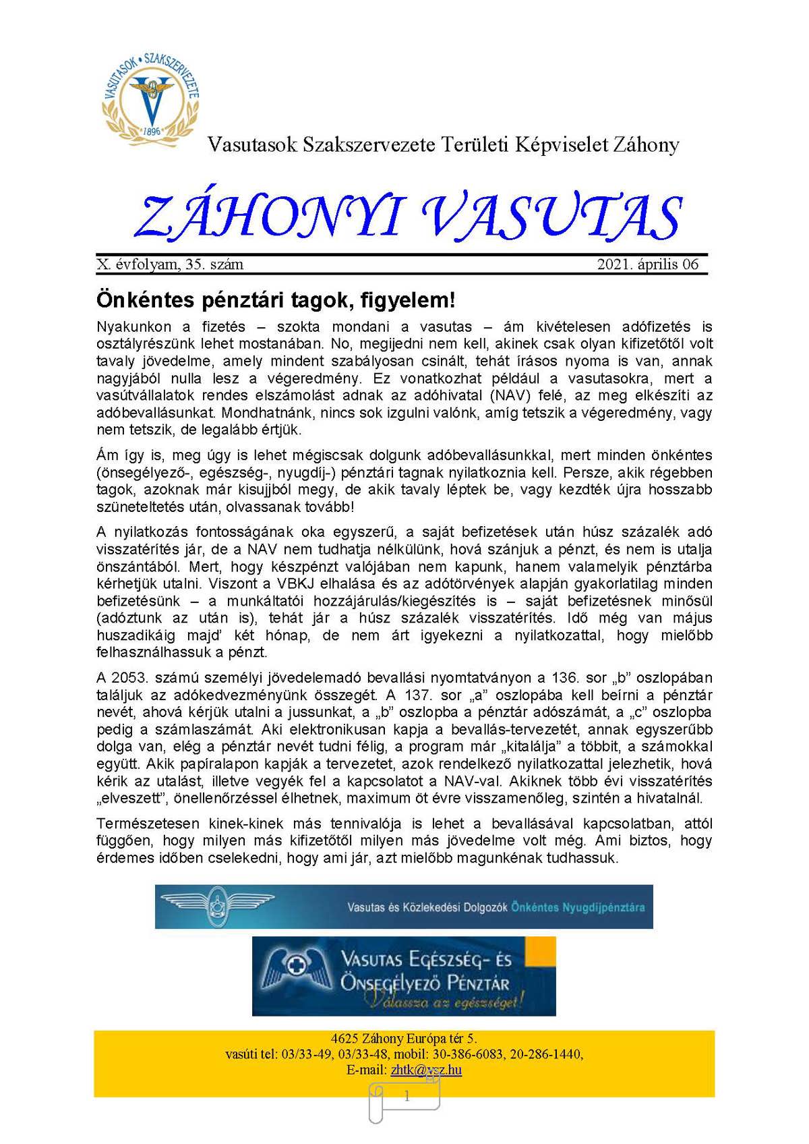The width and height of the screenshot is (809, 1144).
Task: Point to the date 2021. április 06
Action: point(648,264)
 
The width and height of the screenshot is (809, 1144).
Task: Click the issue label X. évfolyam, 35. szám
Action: point(170,264)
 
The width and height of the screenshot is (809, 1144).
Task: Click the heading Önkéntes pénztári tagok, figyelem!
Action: point(276,299)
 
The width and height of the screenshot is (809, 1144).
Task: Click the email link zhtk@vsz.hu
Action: point(426,1070)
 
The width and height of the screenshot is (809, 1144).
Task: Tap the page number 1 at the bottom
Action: point(407,1097)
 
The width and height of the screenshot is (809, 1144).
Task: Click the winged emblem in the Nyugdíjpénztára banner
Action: point(216,907)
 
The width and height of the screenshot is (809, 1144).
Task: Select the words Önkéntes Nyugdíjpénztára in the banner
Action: point(578,907)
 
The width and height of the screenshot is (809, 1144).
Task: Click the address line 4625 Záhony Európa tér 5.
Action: point(404,1039)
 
